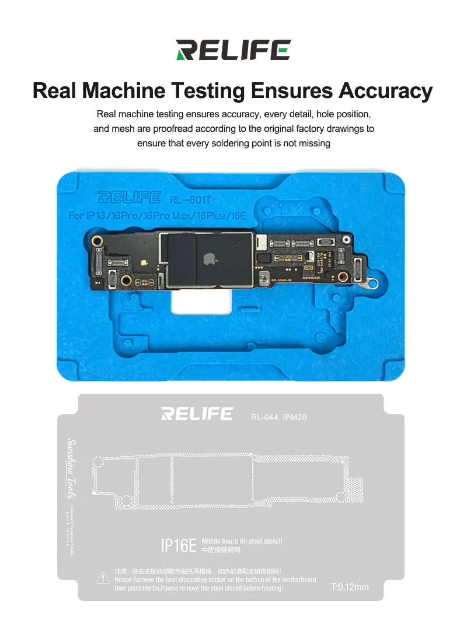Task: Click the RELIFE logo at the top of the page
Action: [x=233, y=50]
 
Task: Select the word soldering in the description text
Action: [x=245, y=143]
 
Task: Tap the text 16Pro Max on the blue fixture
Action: [x=176, y=216]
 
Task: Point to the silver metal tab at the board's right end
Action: [x=368, y=284]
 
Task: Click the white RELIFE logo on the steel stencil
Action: [x=197, y=414]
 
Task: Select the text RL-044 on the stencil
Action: [x=264, y=417]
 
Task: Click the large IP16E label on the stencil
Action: [x=178, y=546]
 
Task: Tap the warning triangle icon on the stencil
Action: [x=103, y=579]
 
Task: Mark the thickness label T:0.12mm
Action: [x=350, y=587]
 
